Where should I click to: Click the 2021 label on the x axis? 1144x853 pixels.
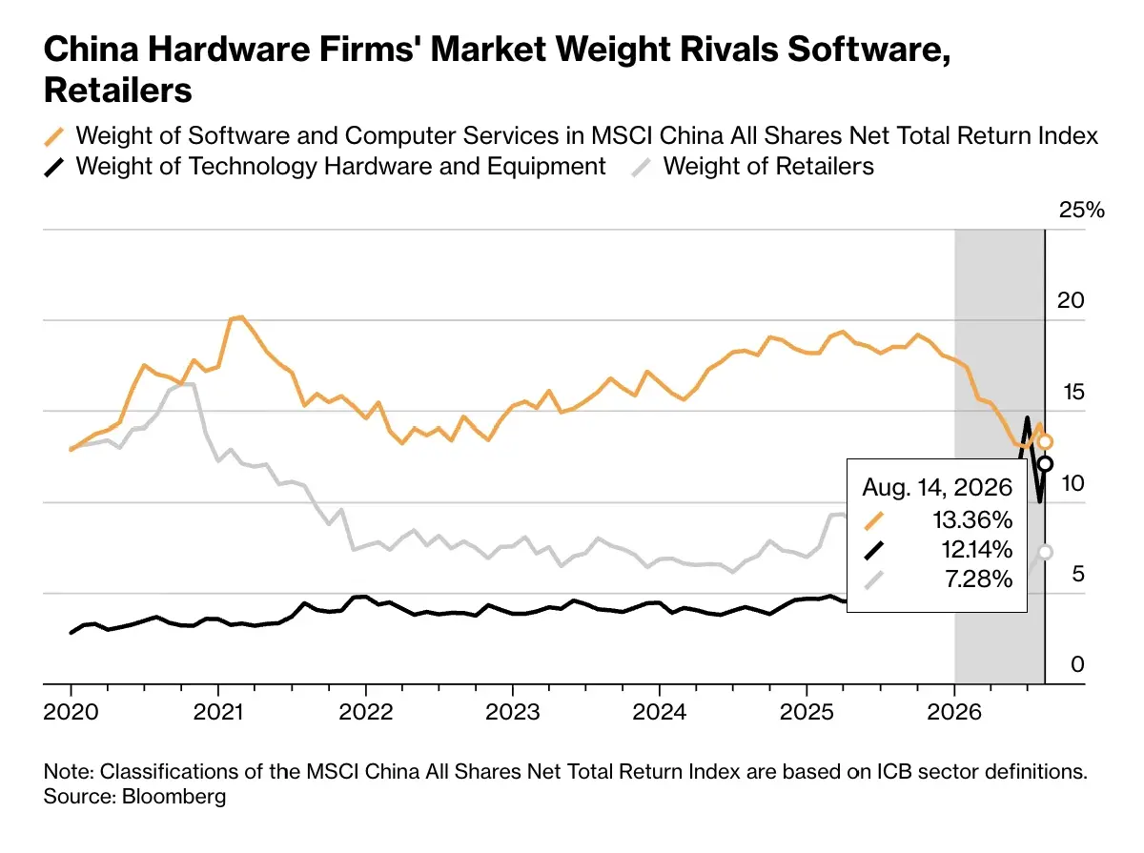[218, 712]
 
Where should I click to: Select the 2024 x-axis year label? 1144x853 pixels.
[659, 712]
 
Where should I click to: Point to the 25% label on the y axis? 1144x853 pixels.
[1081, 210]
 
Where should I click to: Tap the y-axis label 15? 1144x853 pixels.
[1073, 392]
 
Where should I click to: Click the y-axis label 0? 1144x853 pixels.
[1077, 664]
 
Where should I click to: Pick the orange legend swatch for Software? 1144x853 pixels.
[54, 136]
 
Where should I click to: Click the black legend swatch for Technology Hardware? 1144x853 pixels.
[54, 168]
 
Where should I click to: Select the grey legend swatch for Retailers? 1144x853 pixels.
[641, 168]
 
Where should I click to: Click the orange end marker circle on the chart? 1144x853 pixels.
[1045, 442]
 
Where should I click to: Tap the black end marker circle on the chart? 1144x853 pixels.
[1045, 464]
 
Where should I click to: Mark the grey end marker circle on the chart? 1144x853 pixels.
[1045, 553]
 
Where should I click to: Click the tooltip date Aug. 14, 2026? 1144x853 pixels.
[936, 488]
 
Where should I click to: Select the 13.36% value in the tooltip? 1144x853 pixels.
[972, 520]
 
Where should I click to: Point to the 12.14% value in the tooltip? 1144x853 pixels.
[977, 550]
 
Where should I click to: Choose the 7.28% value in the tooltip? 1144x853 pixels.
[978, 579]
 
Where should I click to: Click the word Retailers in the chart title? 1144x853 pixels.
[118, 91]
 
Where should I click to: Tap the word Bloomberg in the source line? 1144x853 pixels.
[174, 797]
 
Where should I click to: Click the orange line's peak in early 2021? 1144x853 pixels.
[239, 316]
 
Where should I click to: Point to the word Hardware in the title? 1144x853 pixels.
[230, 50]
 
